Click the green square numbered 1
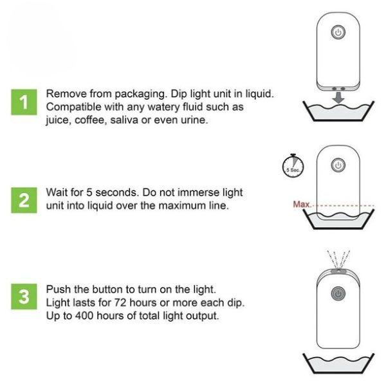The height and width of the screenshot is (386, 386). tap(24, 103)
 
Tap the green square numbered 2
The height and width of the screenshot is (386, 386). tap(24, 199)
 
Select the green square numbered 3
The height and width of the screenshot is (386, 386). tap(24, 297)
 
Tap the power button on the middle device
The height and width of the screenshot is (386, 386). tap(338, 165)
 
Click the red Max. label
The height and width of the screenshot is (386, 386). tap(301, 205)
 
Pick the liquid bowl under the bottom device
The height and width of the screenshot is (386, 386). tap(340, 365)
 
